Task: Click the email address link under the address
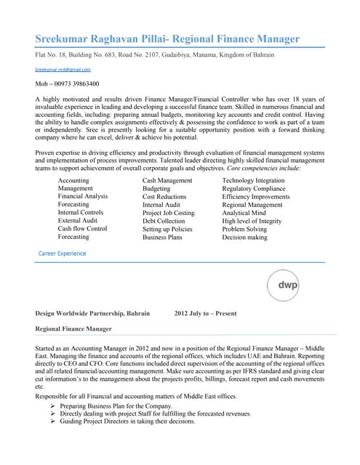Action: click(63, 70)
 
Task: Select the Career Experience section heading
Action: click(62, 254)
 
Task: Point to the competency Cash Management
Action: click(167, 179)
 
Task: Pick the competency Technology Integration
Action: click(253, 179)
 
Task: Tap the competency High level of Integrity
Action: click(252, 220)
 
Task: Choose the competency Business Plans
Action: click(162, 237)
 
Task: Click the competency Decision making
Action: click(244, 237)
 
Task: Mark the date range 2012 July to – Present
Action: click(206, 313)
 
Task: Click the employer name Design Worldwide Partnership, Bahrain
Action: click(92, 313)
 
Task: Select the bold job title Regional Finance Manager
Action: click(73, 329)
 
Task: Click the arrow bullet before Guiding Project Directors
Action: click(53, 421)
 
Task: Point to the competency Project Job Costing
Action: click(169, 212)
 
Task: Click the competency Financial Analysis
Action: click(83, 196)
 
